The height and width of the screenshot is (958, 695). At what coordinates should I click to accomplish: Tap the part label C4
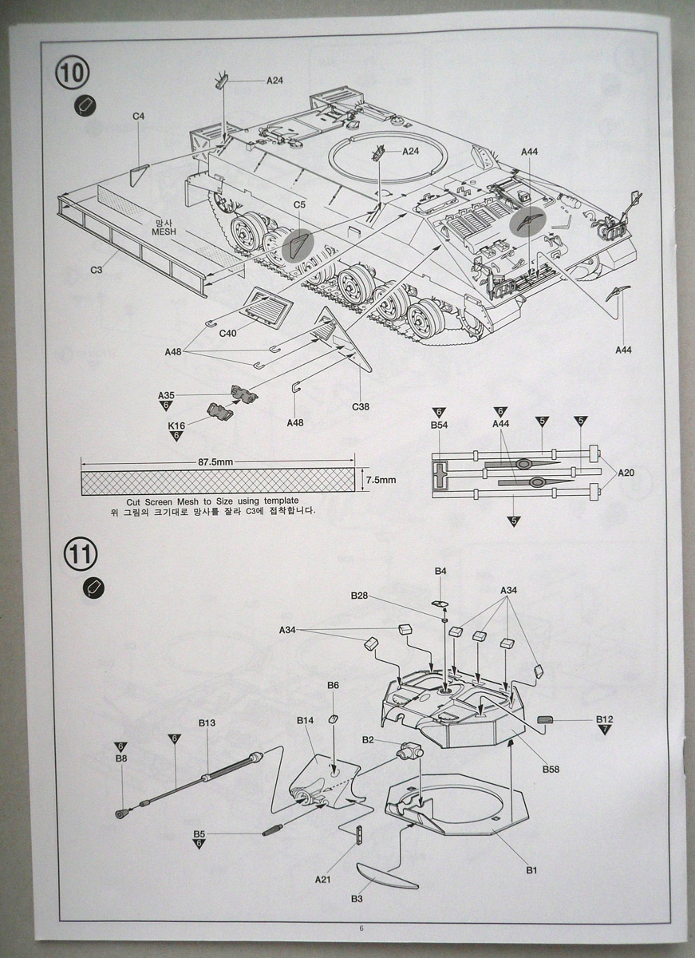[x=138, y=117]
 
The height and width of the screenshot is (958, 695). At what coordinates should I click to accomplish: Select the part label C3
[x=97, y=271]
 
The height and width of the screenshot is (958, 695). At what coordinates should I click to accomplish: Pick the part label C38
[x=361, y=406]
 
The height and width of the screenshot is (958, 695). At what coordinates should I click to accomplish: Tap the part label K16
[x=176, y=426]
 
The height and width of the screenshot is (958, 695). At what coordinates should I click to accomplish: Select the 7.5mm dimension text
[x=381, y=480]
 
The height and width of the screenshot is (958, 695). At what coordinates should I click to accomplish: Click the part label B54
[x=439, y=426]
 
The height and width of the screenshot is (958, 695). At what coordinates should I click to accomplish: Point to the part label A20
[x=626, y=473]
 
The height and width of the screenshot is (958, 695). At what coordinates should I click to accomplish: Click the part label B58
[x=551, y=769]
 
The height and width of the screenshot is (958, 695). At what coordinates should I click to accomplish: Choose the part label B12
[x=604, y=718]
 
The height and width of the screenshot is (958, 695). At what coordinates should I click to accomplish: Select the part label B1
[x=531, y=869]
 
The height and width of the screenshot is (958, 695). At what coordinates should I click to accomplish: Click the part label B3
[x=357, y=899]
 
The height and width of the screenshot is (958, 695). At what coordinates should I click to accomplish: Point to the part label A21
[x=323, y=879]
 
